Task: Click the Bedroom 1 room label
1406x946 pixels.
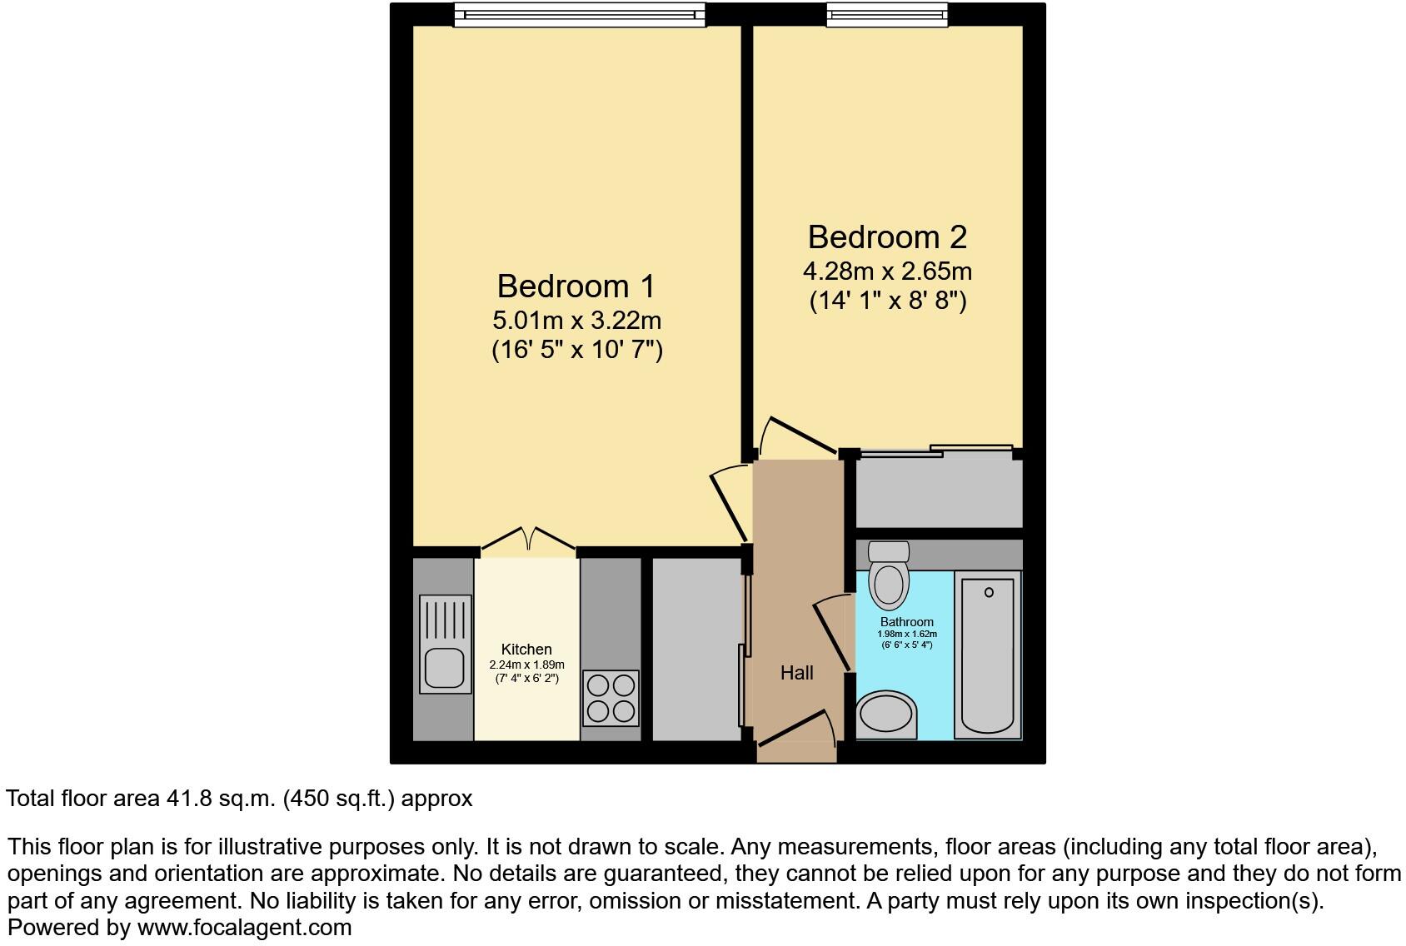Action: click(x=576, y=286)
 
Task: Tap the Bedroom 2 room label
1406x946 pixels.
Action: click(x=887, y=237)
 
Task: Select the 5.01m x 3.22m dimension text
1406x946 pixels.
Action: click(x=576, y=320)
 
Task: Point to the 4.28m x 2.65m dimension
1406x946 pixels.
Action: click(x=887, y=271)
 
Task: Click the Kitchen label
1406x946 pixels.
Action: click(x=526, y=650)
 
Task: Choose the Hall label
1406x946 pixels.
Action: click(x=796, y=673)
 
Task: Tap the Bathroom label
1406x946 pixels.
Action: click(x=907, y=622)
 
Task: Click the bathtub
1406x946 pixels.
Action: click(x=989, y=654)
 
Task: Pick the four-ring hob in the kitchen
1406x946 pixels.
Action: click(x=611, y=698)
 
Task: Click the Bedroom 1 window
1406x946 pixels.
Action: click(x=580, y=14)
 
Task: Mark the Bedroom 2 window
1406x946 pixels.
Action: click(x=887, y=14)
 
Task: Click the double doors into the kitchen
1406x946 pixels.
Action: click(x=528, y=540)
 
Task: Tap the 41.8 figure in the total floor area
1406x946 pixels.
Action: click(x=187, y=799)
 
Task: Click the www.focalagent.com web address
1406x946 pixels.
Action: click(x=244, y=928)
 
